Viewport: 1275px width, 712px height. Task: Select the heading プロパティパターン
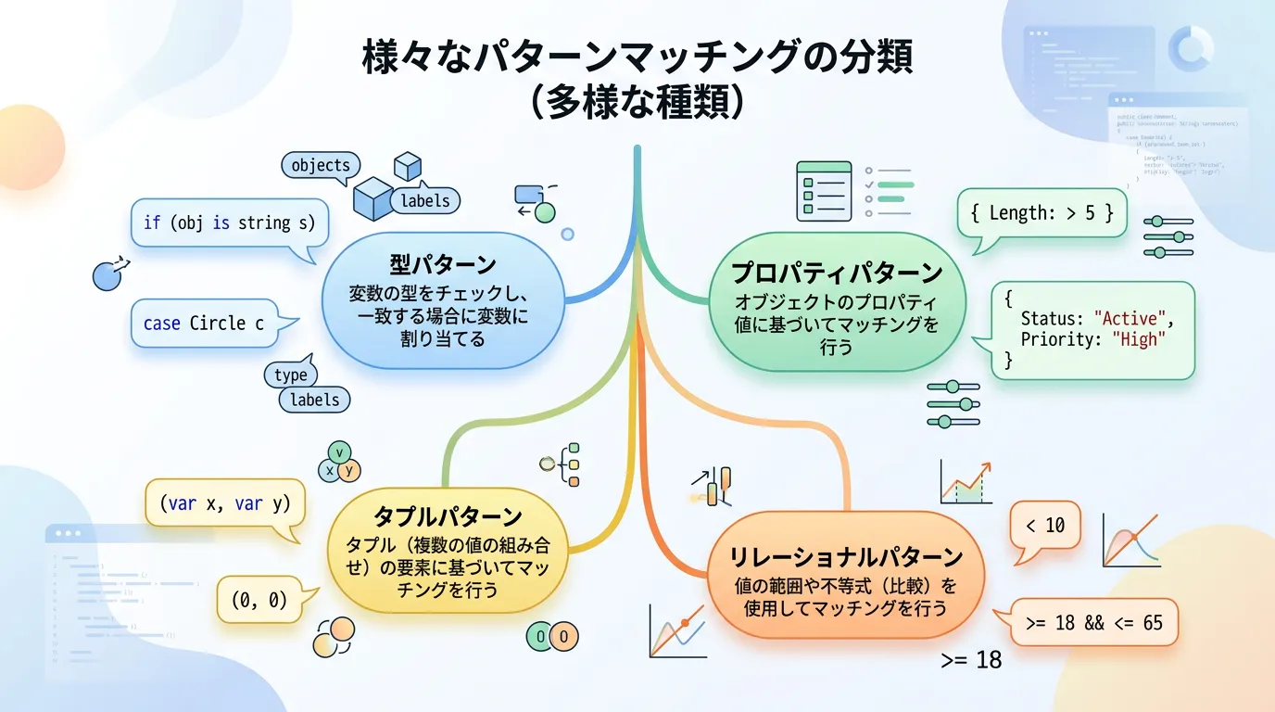click(x=837, y=273)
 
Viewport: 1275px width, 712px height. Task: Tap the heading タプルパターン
click(x=448, y=516)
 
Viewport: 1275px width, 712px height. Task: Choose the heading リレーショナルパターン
click(x=846, y=557)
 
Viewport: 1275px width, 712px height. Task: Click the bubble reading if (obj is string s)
click(x=229, y=222)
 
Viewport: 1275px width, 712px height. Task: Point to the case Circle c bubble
click(x=204, y=324)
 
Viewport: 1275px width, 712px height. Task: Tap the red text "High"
click(x=1138, y=339)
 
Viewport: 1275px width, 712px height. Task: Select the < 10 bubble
click(x=1045, y=526)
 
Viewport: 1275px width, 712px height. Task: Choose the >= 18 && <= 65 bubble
click(x=1094, y=623)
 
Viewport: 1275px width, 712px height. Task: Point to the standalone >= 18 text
click(x=971, y=660)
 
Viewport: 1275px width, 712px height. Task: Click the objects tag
click(x=321, y=166)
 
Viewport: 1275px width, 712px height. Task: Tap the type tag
click(x=290, y=375)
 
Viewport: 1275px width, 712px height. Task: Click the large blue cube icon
click(x=373, y=197)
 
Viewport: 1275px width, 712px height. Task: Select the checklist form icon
click(x=824, y=190)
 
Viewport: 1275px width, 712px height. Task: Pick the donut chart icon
click(x=1191, y=48)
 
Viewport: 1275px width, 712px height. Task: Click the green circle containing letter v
click(x=340, y=452)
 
